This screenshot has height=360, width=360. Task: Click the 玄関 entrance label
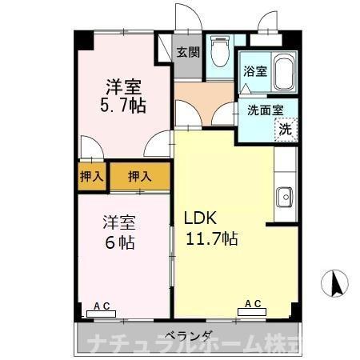tap(188, 54)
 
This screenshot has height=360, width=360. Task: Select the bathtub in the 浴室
tap(284, 73)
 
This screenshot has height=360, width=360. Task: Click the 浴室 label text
tap(254, 71)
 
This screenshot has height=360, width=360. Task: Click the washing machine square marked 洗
tap(285, 128)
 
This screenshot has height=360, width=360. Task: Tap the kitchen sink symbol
tap(283, 194)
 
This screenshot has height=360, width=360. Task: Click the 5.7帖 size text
tap(122, 105)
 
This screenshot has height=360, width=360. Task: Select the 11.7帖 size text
tap(210, 238)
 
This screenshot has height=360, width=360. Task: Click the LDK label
tap(198, 218)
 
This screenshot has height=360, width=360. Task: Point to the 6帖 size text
tap(117, 242)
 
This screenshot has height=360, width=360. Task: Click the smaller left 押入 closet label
tap(91, 177)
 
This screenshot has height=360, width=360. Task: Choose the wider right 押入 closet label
tap(140, 177)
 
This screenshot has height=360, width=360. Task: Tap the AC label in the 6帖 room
tap(102, 306)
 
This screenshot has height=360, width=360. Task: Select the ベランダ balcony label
tap(190, 336)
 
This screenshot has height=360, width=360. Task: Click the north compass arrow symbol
tap(337, 282)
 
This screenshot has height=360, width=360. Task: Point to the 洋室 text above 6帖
tap(117, 221)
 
